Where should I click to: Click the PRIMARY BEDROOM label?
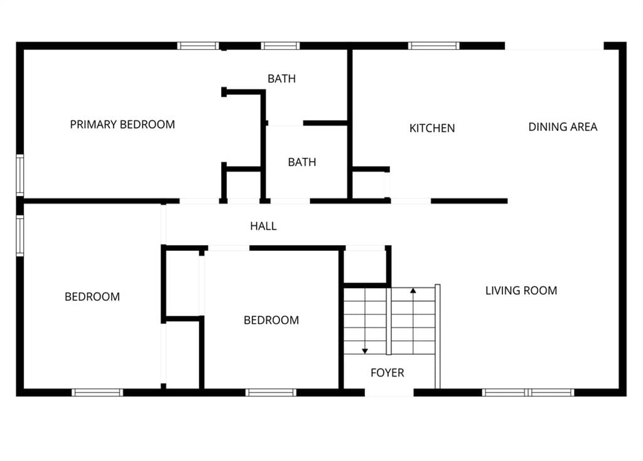(x=122, y=125)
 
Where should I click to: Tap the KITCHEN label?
(x=432, y=128)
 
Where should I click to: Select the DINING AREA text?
(x=563, y=127)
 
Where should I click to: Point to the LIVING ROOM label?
(x=521, y=291)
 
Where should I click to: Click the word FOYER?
(x=387, y=373)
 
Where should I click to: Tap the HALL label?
(x=263, y=226)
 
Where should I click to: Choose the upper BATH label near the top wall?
(x=281, y=79)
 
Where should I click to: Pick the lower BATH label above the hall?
(x=302, y=162)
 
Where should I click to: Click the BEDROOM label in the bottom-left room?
(x=92, y=297)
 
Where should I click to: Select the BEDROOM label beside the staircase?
(x=271, y=320)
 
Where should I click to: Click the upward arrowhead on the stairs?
(x=413, y=291)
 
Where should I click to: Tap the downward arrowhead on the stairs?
(x=365, y=351)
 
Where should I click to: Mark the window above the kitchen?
(x=433, y=46)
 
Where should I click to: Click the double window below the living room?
(x=527, y=392)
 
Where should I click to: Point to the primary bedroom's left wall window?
(x=19, y=175)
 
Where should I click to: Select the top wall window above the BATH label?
(x=280, y=46)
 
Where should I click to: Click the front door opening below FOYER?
(x=389, y=393)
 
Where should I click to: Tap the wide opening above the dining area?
(x=554, y=46)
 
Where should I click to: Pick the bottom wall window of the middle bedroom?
(x=271, y=392)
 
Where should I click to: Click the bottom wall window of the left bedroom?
(x=97, y=392)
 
